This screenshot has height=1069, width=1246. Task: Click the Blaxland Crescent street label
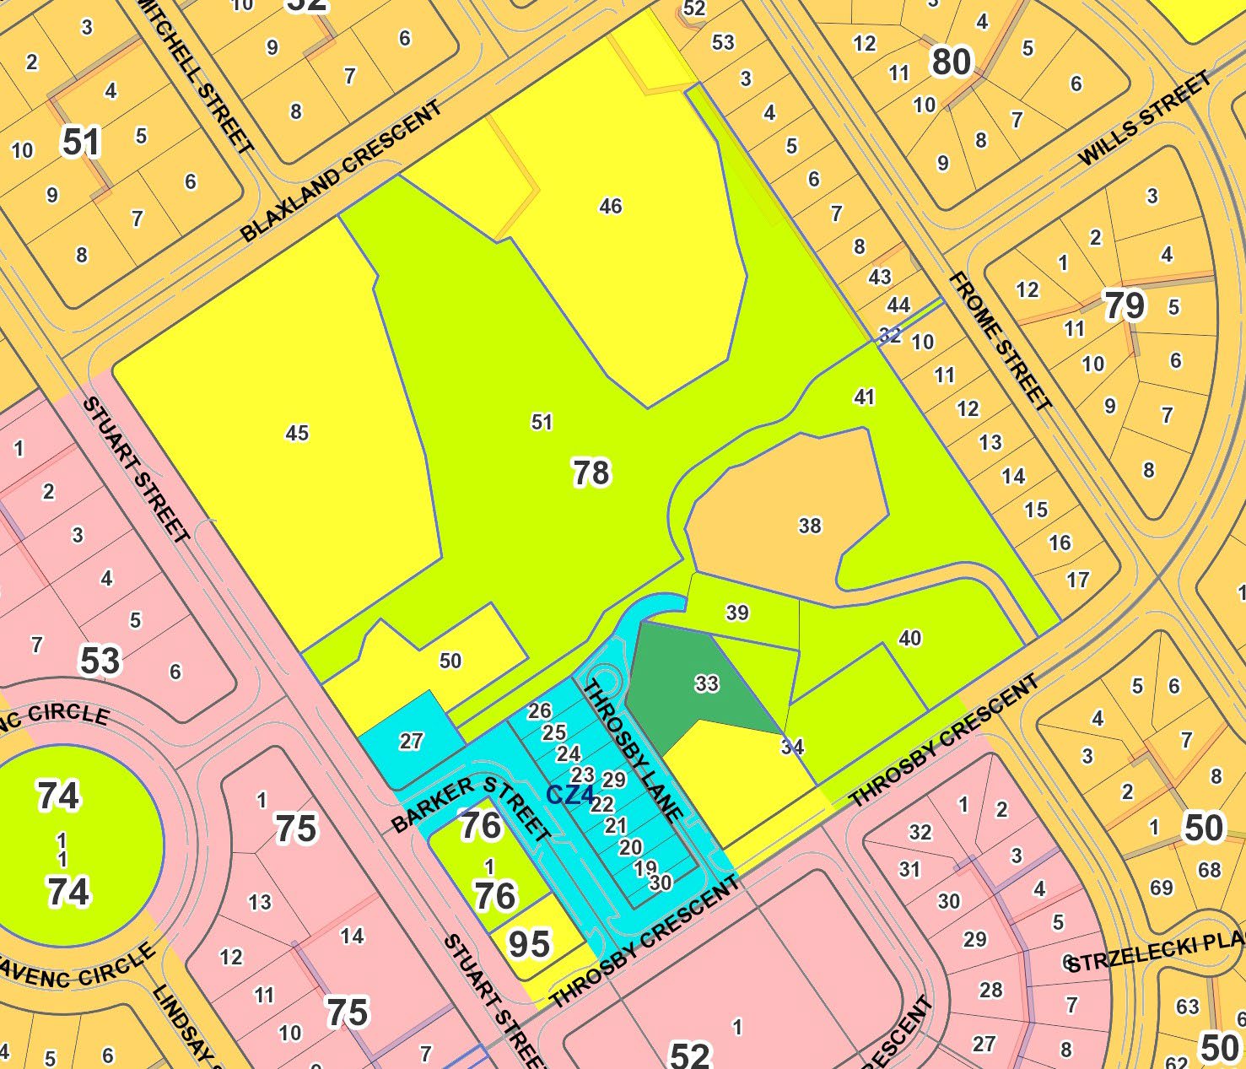click(x=341, y=172)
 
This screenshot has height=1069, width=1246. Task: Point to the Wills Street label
click(x=1146, y=120)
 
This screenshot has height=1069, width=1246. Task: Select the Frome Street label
click(x=1001, y=342)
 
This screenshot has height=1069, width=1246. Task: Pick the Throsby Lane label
click(x=633, y=751)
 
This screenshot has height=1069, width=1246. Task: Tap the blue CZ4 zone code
click(x=570, y=795)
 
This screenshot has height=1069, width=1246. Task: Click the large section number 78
click(x=591, y=473)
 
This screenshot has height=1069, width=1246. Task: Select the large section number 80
click(x=952, y=62)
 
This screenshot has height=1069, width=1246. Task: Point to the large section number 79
click(x=1125, y=305)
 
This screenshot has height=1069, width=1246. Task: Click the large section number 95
click(x=529, y=945)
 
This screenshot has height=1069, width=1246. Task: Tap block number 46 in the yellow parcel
click(x=610, y=206)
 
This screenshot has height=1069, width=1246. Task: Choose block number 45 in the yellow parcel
click(x=297, y=434)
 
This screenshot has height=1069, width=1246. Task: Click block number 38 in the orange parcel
click(x=810, y=526)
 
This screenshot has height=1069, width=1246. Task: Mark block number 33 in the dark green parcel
click(x=707, y=683)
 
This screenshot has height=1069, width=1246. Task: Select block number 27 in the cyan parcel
click(x=411, y=742)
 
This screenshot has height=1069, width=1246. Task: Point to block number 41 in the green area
click(x=864, y=397)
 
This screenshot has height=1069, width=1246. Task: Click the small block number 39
click(x=737, y=613)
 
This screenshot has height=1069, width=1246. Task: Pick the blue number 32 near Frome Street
click(x=890, y=336)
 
